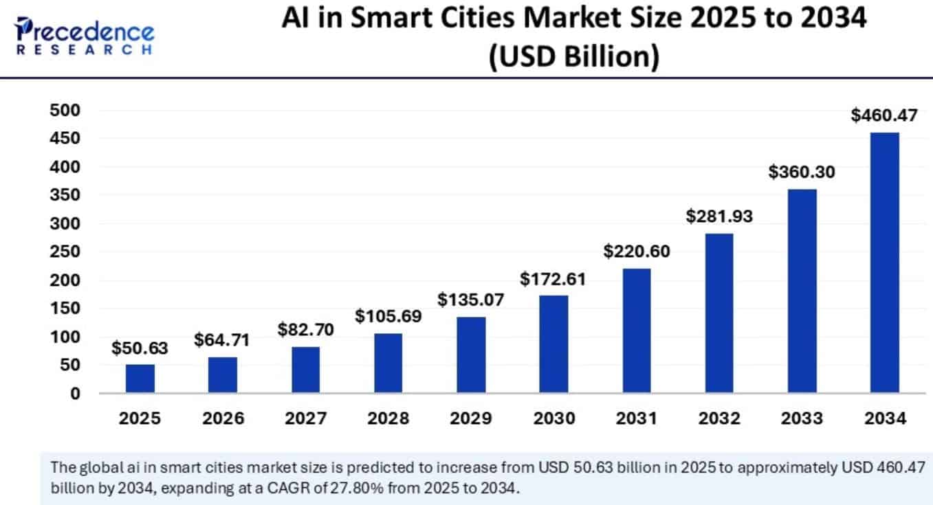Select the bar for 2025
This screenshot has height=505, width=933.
[x=140, y=379]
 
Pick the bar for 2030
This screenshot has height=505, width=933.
[x=553, y=344]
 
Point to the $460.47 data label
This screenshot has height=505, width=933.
[x=884, y=115]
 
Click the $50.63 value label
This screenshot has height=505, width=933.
[x=140, y=348]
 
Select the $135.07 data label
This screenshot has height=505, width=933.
[x=471, y=300]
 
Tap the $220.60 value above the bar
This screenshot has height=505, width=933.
[x=636, y=251]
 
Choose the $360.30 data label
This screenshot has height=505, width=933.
[x=802, y=172]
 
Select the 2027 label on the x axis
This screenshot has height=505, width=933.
[x=305, y=418]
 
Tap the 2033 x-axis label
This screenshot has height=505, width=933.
[x=802, y=418]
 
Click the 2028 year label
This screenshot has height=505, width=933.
[x=388, y=418]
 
